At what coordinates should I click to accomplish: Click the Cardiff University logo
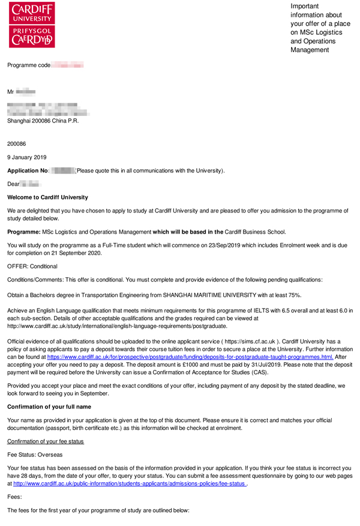pos(32,24)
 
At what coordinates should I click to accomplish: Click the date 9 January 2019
pos(26,157)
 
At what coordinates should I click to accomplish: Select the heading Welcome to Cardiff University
pos(47,197)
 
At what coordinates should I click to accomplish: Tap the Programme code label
pos(28,65)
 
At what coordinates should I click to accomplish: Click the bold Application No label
pos(28,171)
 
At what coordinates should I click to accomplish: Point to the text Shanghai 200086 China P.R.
pos(43,121)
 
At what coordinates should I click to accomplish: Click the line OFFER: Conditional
pos(32,266)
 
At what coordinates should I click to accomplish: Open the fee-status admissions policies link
pos(130,483)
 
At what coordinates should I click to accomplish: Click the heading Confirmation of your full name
pos(49,407)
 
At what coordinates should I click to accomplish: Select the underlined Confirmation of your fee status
pos(46,441)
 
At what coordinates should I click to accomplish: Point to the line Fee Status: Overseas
pos(35,455)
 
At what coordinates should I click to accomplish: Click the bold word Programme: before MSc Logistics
pos(23,232)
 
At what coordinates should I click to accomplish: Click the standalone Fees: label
pos(15,497)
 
